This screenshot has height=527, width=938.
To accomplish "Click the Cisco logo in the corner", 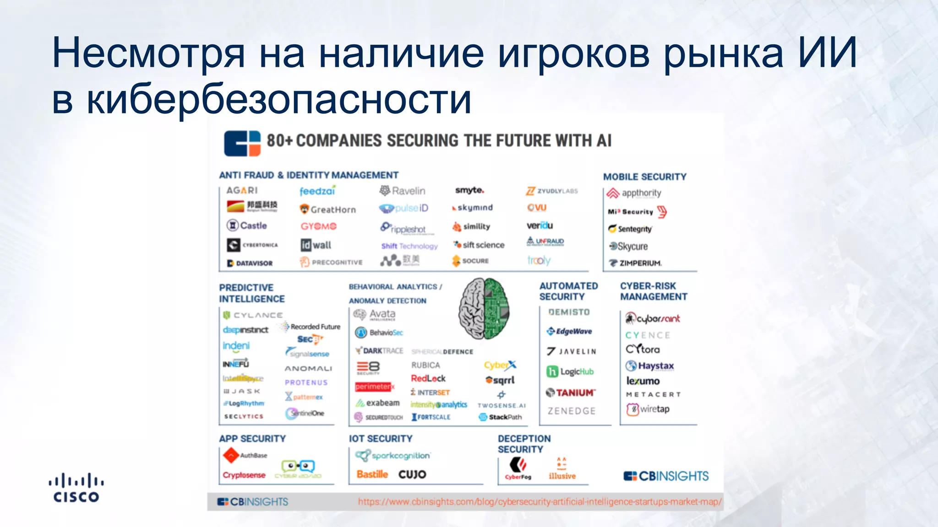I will (76, 488).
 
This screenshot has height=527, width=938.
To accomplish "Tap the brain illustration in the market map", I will (484, 308).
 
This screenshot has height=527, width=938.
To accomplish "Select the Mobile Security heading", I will (644, 177).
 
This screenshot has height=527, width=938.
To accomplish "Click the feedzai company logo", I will (317, 190).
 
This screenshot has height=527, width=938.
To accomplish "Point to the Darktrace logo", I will (380, 351).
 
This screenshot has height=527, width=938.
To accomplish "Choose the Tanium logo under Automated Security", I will (571, 393).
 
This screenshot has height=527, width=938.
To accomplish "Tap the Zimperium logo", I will (635, 263).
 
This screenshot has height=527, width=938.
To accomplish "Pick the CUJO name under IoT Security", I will (412, 474).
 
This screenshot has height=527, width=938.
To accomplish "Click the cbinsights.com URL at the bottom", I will (540, 502).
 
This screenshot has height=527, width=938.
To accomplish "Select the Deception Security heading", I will (524, 444).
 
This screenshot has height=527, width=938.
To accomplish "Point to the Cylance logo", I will (253, 315).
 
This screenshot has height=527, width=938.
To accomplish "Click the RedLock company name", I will (428, 378).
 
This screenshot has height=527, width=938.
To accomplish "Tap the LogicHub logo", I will (570, 371).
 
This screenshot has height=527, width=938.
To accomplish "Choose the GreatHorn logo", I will (327, 210).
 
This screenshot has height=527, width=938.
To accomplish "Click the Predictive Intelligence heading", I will (251, 293).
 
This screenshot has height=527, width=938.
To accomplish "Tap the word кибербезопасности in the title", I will (279, 100).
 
